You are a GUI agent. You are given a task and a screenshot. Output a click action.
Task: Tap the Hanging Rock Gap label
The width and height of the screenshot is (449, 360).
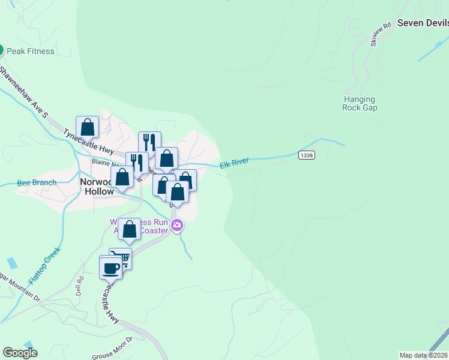pyautogui.click(x=360, y=103)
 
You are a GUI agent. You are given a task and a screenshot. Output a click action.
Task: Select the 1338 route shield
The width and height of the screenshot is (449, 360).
pyautogui.click(x=306, y=155)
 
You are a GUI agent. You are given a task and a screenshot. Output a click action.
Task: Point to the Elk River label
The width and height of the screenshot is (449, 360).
pyautogui.click(x=234, y=164)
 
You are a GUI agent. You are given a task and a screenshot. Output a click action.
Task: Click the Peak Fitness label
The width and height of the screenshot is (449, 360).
pyautogui.click(x=30, y=51)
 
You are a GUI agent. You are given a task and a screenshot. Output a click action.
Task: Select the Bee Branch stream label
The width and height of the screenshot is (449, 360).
pyautogui.click(x=37, y=182)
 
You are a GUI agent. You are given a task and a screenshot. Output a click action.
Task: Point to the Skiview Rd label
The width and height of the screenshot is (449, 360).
pyautogui.click(x=381, y=34)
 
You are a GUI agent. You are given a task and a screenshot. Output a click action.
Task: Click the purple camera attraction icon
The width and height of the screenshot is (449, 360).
pyautogui.click(x=177, y=226)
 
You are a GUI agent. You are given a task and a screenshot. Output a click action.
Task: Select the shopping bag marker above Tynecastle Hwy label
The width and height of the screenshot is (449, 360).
pyautogui.click(x=88, y=127)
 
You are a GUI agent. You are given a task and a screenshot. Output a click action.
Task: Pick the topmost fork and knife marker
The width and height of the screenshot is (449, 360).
pyautogui.click(x=149, y=142)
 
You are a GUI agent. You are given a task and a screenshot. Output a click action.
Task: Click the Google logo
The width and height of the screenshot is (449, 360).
pyautogui.click(x=20, y=353)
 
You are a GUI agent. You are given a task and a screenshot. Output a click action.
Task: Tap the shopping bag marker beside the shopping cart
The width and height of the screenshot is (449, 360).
pyautogui.click(x=129, y=229)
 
